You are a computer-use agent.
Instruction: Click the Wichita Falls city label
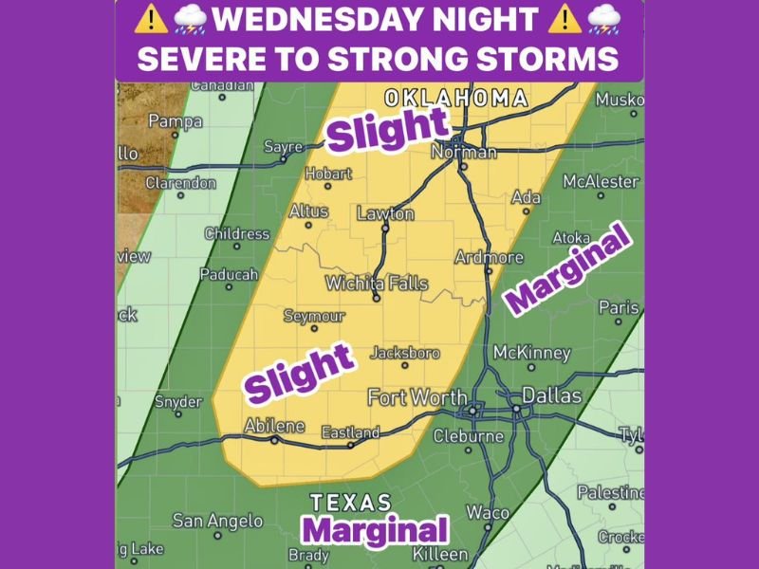click(x=377, y=284)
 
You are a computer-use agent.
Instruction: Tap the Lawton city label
click(x=385, y=213)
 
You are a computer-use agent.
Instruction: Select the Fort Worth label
click(x=417, y=397)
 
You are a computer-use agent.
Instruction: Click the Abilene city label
click(x=275, y=426)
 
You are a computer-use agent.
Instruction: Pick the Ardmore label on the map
click(x=489, y=257)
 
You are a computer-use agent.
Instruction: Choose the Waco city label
click(x=488, y=512)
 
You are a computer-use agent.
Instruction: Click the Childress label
click(x=237, y=233)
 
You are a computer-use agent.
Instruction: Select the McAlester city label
click(x=601, y=180)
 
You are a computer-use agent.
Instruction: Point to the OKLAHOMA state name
click(x=455, y=98)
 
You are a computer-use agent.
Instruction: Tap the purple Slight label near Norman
click(x=386, y=129)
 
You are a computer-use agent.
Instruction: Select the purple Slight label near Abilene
click(x=299, y=373)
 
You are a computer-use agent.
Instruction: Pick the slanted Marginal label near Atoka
click(x=567, y=271)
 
